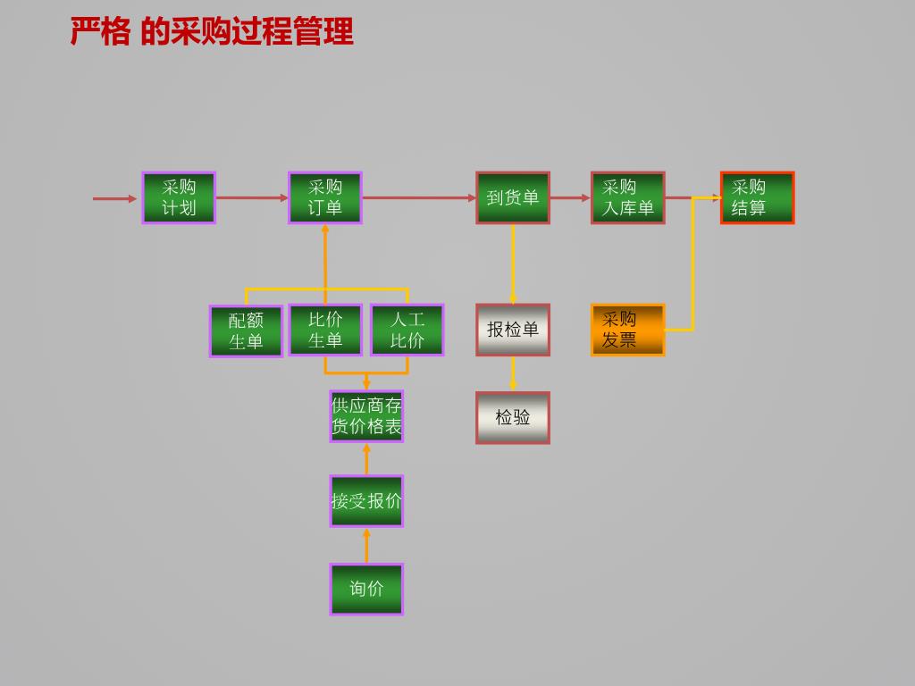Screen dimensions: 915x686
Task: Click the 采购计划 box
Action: click(179, 197)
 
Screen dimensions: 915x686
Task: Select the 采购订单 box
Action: click(325, 197)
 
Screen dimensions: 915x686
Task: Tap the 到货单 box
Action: click(512, 197)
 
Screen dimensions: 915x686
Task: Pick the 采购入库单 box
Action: click(628, 197)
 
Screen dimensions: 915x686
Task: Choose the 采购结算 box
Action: click(758, 197)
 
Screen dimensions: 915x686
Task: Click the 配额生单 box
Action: click(246, 330)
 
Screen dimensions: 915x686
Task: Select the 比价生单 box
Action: click(325, 330)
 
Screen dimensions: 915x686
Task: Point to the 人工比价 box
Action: click(407, 330)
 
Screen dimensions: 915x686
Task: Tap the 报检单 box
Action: click(512, 330)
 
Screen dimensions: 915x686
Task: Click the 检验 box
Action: click(512, 418)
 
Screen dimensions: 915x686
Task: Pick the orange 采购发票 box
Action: click(628, 330)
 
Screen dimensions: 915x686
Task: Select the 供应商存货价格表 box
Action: click(366, 416)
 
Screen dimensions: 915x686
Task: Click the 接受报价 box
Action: click(366, 501)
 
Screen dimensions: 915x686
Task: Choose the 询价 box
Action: click(366, 589)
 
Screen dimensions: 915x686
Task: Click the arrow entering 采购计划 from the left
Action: click(115, 199)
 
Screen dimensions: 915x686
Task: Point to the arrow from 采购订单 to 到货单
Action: click(419, 197)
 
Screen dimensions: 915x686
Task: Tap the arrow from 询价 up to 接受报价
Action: click(366, 546)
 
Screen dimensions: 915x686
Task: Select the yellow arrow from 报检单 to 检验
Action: click(513, 373)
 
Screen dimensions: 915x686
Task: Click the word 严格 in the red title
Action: click(100, 31)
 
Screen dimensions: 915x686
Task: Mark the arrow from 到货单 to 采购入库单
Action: click(570, 197)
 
